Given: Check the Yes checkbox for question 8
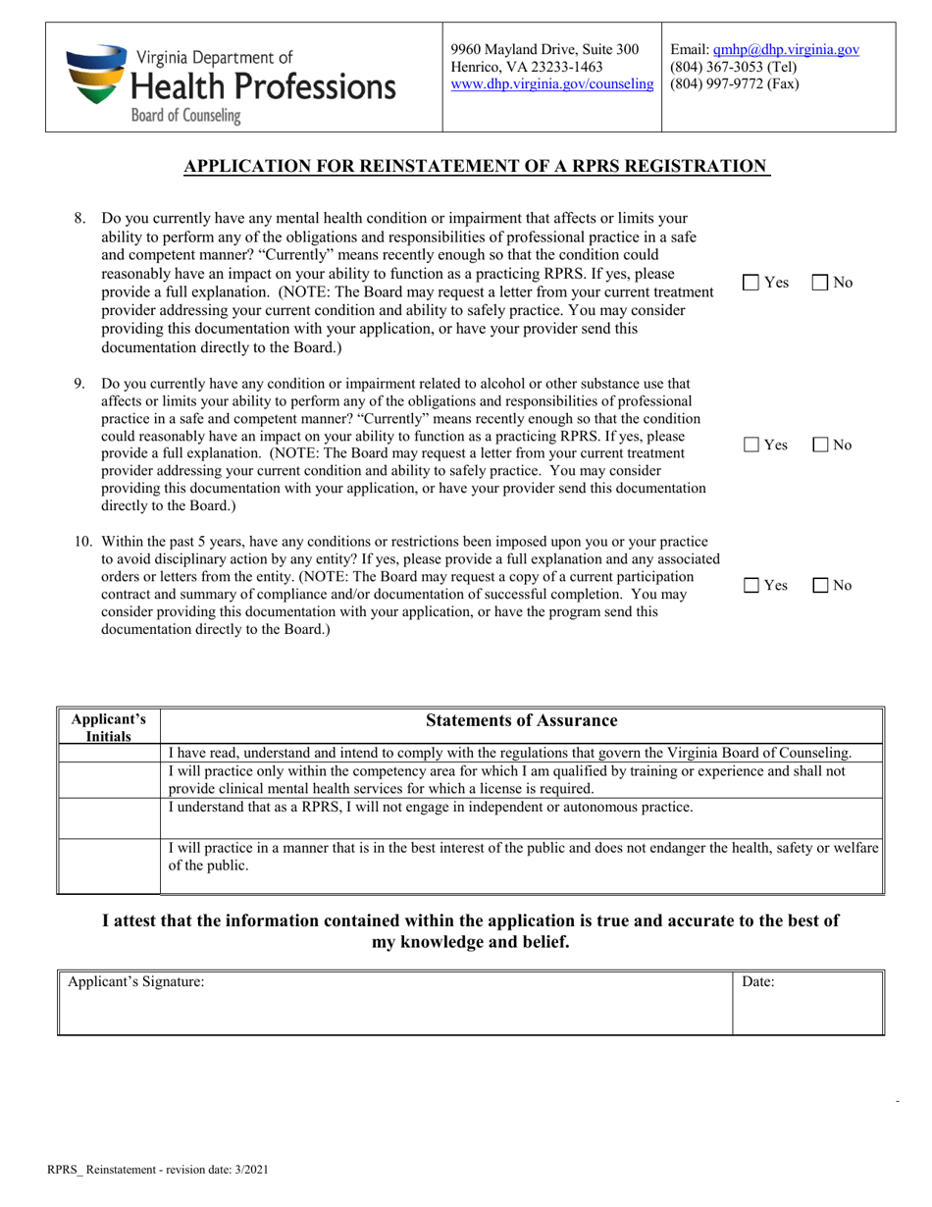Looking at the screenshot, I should (x=751, y=283).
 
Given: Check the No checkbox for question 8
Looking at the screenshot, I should (x=821, y=283).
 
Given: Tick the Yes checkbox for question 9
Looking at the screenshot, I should (x=751, y=445).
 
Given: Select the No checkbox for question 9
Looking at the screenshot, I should (x=821, y=445).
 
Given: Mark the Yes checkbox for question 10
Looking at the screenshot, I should (x=751, y=586).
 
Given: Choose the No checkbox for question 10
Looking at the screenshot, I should (x=821, y=586).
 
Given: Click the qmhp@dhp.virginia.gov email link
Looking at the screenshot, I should (x=786, y=49).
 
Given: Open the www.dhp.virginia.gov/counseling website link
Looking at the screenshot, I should (x=551, y=84).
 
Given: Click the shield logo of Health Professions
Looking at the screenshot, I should (x=96, y=76).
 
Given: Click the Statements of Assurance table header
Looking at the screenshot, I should (x=521, y=721).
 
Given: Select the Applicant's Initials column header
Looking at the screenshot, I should (x=108, y=727).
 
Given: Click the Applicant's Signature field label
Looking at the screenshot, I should (x=135, y=981).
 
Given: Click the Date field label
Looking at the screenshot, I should (x=758, y=981).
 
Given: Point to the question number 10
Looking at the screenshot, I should (x=83, y=541).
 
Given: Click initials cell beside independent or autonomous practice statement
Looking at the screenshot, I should (x=108, y=817).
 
